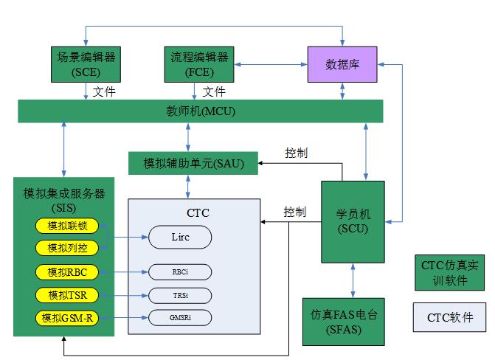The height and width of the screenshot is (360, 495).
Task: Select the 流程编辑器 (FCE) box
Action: pyautogui.click(x=195, y=64)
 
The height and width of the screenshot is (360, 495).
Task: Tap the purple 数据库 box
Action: pyautogui.click(x=342, y=64)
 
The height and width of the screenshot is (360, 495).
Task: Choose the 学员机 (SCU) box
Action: pyautogui.click(x=353, y=221)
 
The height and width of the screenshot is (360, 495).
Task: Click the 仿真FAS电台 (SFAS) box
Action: pyautogui.click(x=343, y=322)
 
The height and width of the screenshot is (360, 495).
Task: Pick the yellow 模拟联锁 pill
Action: pyautogui.click(x=68, y=225)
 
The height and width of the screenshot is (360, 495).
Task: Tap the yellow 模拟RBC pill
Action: pyautogui.click(x=68, y=272)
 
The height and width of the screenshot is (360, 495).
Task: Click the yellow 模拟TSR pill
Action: pyautogui.click(x=68, y=296)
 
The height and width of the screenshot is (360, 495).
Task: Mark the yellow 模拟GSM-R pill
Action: pyautogui.click(x=68, y=319)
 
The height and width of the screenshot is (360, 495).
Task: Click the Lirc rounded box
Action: pyautogui.click(x=180, y=237)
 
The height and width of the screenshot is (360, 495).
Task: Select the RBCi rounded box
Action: pyautogui.click(x=180, y=272)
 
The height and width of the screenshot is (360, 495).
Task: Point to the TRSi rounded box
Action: pyautogui.click(x=180, y=296)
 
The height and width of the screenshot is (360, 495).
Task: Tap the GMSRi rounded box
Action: pyautogui.click(x=180, y=319)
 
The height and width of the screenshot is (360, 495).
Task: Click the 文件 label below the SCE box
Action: pyautogui.click(x=105, y=91)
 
